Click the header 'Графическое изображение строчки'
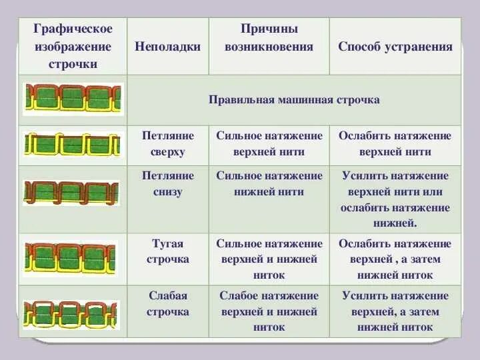73,47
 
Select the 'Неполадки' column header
167,47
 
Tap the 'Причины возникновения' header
269,39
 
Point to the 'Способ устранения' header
395,47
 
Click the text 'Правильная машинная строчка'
294,100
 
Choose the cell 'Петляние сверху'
168,143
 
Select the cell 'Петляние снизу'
168,184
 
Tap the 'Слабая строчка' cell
168,303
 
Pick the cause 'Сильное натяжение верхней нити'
269,143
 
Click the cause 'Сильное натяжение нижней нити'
269,184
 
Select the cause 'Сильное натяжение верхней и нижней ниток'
269,259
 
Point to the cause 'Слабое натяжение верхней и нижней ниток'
269,311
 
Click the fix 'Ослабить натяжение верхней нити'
395,143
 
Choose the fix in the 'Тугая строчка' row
395,259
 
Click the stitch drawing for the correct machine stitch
73,99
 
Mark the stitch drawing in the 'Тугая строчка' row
71,259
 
